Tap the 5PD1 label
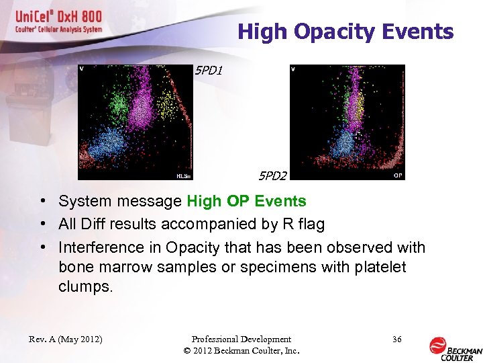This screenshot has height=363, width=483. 208,69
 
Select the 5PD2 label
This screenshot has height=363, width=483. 272,176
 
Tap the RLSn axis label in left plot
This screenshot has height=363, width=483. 183,176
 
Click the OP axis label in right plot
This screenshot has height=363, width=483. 397,175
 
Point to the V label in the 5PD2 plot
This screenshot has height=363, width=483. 294,69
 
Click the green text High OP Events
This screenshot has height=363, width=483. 246,201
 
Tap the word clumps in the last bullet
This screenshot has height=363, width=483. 86,287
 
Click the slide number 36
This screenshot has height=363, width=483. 396,339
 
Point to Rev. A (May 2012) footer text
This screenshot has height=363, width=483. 66,339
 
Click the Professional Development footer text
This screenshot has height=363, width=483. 241,339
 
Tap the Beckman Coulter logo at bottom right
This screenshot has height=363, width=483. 455,346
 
